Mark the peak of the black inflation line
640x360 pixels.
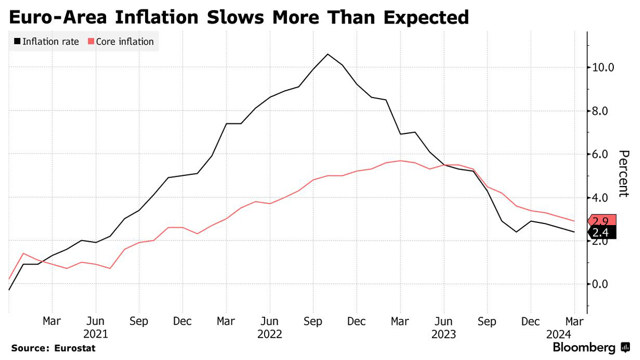coord(327,54)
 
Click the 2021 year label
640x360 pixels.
coord(95,334)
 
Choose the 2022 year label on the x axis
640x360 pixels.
coord(269,334)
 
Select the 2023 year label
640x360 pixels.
coord(444,334)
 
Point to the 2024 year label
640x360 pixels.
coord(558,334)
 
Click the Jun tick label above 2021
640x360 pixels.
coord(95,322)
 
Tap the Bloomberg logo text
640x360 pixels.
coord(584,348)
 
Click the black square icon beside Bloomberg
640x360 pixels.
coord(625,348)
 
